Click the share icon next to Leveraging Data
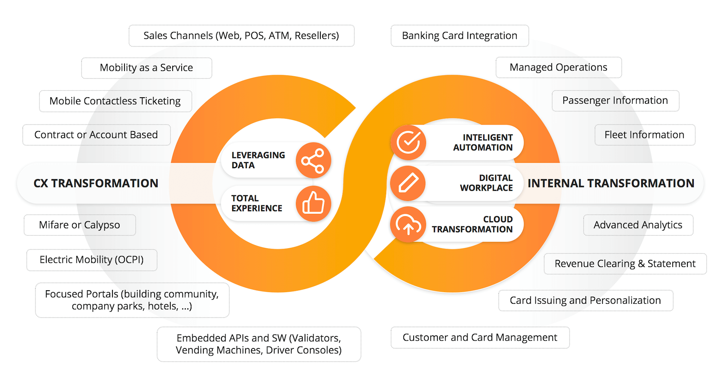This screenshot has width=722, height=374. pyautogui.click(x=313, y=160)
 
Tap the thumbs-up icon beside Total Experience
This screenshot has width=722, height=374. pyautogui.click(x=313, y=204)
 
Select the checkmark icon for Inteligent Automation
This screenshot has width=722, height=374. pyautogui.click(x=408, y=142)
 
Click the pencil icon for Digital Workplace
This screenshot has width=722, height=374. pyautogui.click(x=408, y=183)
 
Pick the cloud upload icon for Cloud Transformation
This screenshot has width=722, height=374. pyautogui.click(x=408, y=224)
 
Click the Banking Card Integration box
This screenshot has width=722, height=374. pyautogui.click(x=460, y=36)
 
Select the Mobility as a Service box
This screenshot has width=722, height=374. pyautogui.click(x=147, y=68)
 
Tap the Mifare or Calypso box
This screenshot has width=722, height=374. pyautogui.click(x=80, y=225)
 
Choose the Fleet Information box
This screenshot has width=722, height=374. pyautogui.click(x=645, y=135)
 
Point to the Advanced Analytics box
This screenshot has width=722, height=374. pyautogui.click(x=638, y=225)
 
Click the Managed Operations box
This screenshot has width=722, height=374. pyautogui.click(x=558, y=68)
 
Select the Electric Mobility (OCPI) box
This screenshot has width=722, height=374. pyautogui.click(x=92, y=260)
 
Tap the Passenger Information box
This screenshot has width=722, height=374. pyautogui.click(x=615, y=101)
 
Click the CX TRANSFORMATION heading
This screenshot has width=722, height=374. pyautogui.click(x=96, y=183)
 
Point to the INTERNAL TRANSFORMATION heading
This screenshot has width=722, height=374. pyautogui.click(x=611, y=183)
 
